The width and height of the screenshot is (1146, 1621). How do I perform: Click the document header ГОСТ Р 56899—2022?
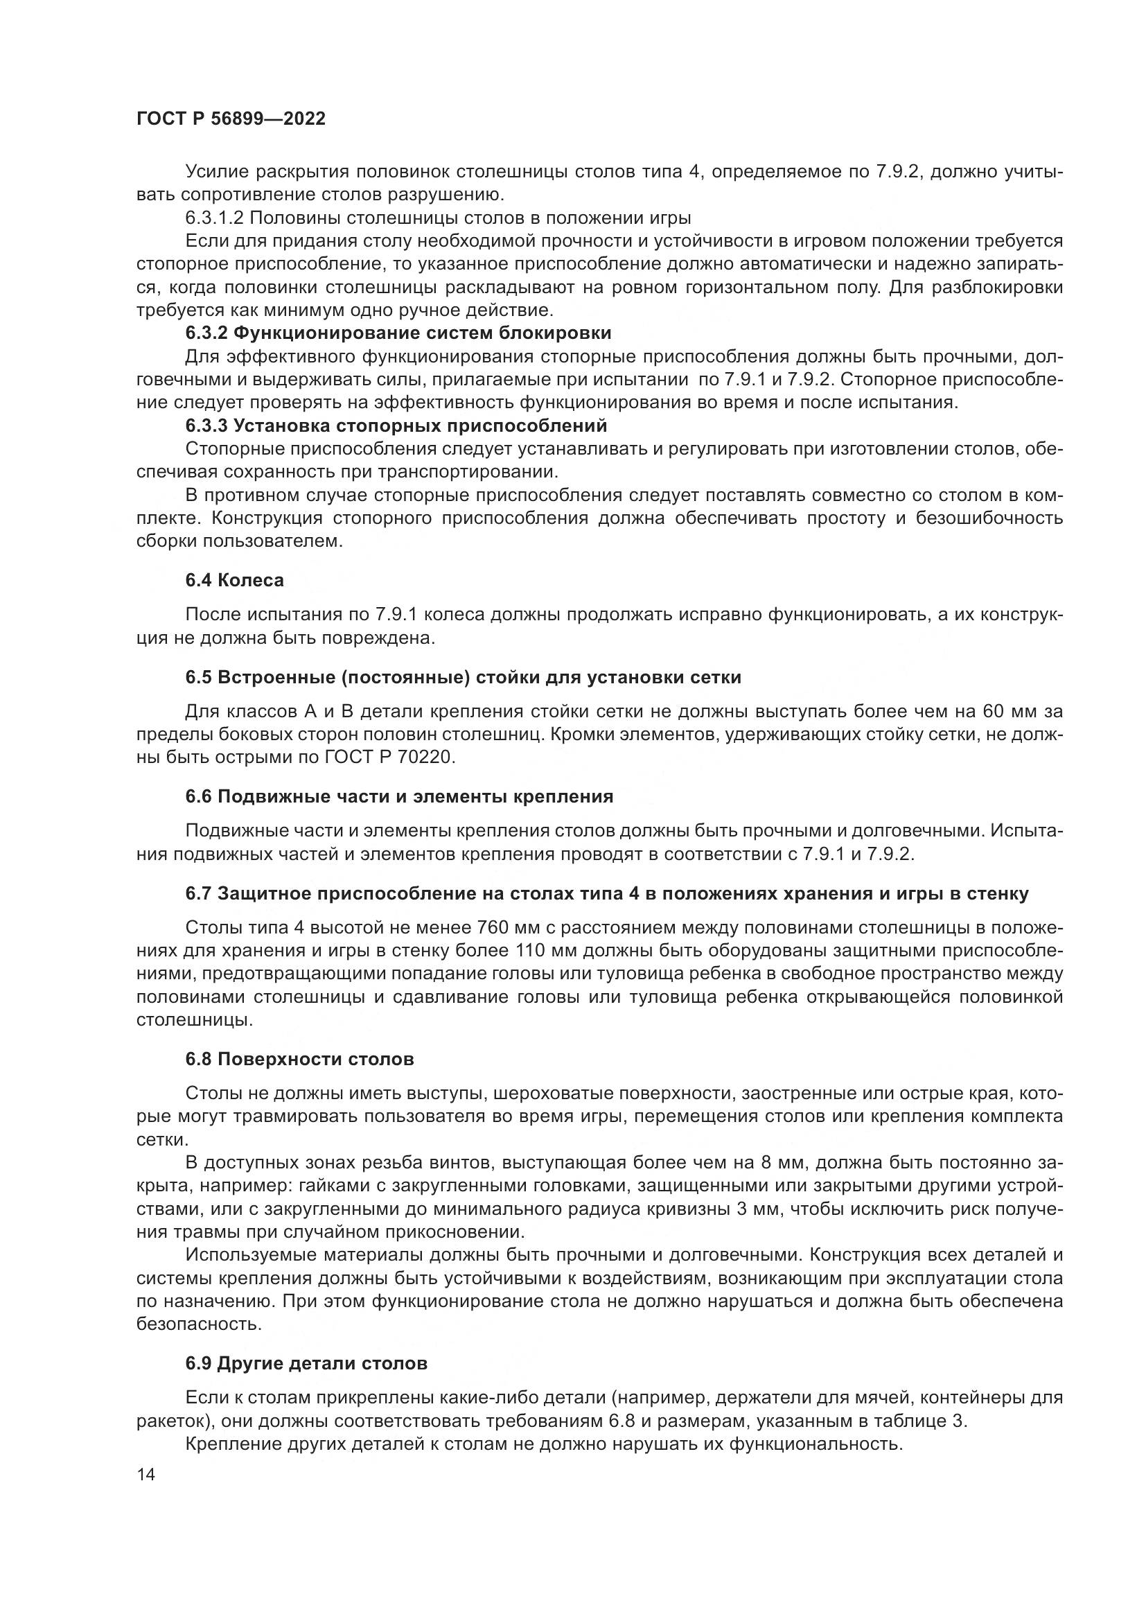click(231, 119)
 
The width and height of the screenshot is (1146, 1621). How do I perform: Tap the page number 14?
click(146, 1474)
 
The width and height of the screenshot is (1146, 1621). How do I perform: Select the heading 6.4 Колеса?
click(234, 580)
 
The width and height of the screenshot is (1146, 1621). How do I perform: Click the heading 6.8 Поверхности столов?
click(299, 1059)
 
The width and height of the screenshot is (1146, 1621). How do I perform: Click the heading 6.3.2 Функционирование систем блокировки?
click(398, 333)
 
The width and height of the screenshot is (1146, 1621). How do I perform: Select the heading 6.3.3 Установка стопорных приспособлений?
click(396, 426)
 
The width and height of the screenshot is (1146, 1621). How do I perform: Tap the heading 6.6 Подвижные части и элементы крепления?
click(398, 796)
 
